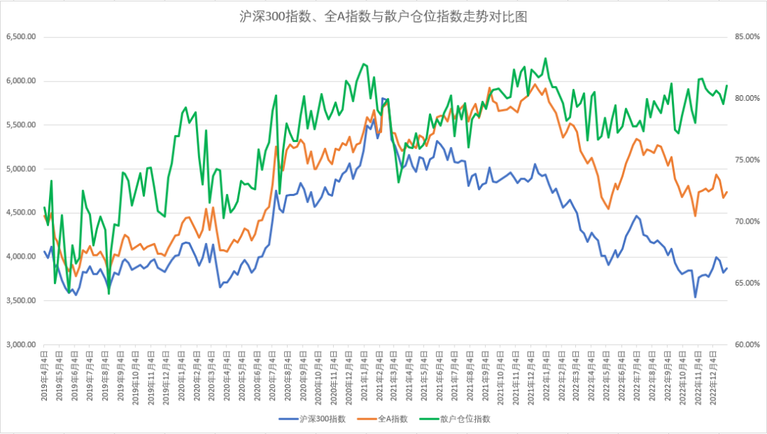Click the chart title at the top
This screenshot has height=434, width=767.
pyautogui.click(x=383, y=16)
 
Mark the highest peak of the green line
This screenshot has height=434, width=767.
pyautogui.click(x=545, y=58)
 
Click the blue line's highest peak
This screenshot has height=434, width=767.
pyautogui.click(x=383, y=98)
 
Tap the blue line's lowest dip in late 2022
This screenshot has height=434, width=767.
pyautogui.click(x=695, y=297)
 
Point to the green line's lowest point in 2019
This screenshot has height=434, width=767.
pyautogui.click(x=109, y=293)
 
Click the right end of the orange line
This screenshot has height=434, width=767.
pyautogui.click(x=727, y=192)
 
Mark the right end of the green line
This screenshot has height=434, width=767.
pyautogui.click(x=727, y=86)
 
